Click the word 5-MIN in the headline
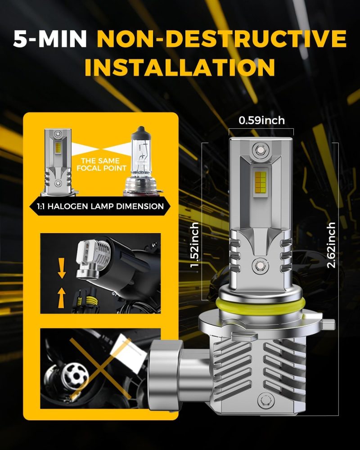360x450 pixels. [50, 39]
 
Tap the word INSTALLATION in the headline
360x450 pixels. [180, 67]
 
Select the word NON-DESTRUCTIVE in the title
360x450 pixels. [222, 39]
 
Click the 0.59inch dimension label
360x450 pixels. [261, 120]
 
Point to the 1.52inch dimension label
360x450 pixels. [195, 244]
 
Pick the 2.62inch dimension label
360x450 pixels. [331, 245]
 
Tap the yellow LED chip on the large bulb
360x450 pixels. [261, 181]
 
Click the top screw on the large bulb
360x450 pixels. [260, 149]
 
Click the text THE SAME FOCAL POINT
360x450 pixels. [101, 164]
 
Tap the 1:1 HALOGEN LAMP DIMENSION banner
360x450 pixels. [100, 206]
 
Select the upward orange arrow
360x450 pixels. [61, 298]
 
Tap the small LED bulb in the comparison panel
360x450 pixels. [58, 162]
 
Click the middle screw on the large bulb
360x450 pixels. [261, 265]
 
